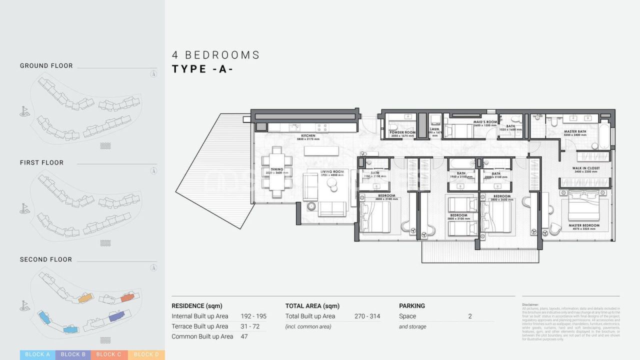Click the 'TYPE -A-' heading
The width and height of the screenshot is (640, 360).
tap(202, 69)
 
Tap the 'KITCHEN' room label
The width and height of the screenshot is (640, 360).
tap(307, 136)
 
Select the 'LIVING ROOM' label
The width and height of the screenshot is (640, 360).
tap(332, 172)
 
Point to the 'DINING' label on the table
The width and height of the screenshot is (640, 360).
tap(277, 170)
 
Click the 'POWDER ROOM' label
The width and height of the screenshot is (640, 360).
tap(402, 132)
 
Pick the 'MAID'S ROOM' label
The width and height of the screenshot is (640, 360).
tap(485, 122)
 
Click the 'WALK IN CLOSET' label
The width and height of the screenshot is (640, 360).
tap(585, 168)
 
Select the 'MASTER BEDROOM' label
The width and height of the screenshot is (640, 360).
tap(584, 225)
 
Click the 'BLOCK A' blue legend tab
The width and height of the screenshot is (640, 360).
tap(37, 354)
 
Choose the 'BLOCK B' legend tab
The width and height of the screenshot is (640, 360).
tap(73, 354)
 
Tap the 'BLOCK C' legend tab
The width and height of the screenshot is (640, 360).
tap(109, 354)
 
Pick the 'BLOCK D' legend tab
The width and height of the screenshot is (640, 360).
tap(146, 354)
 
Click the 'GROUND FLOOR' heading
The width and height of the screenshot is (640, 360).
tap(46, 65)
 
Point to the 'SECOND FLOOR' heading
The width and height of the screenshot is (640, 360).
tap(46, 259)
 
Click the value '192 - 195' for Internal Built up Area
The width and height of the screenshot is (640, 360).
tap(253, 316)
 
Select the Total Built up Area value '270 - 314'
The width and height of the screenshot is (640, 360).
tap(367, 316)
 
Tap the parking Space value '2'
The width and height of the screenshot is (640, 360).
tap(470, 316)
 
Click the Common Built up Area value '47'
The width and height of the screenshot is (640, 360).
tap(244, 336)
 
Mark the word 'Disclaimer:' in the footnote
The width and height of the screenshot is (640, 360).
tap(530, 304)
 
